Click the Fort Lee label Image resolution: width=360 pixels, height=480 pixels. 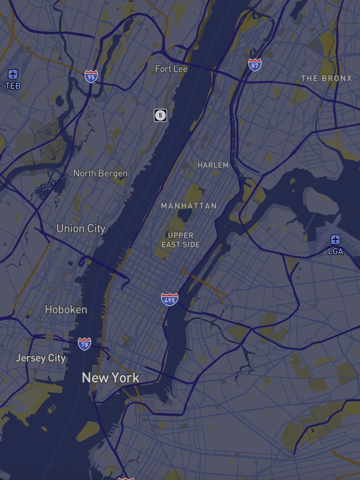171,69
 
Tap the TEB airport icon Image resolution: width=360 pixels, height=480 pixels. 13,74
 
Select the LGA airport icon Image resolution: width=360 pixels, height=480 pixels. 335,239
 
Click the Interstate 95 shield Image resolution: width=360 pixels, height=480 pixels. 91,77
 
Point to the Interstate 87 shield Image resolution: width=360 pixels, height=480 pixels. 255,65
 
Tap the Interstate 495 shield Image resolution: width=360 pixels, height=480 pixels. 169,300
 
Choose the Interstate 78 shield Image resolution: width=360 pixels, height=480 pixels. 85,344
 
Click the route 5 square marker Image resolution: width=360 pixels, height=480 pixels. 160,115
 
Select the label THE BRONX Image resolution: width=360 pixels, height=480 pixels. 326,79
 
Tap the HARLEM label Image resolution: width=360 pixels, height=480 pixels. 213,165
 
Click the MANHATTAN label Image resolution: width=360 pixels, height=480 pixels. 189,206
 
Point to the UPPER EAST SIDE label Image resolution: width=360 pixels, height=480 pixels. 181,240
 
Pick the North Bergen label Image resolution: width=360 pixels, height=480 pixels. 100,173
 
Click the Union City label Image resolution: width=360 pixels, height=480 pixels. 81,228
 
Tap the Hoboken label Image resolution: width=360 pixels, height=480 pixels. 66,310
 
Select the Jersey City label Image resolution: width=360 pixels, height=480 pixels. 40,358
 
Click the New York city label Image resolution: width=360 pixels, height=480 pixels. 110,378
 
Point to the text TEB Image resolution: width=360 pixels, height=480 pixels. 13,86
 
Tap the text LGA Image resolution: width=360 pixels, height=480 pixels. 335,252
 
